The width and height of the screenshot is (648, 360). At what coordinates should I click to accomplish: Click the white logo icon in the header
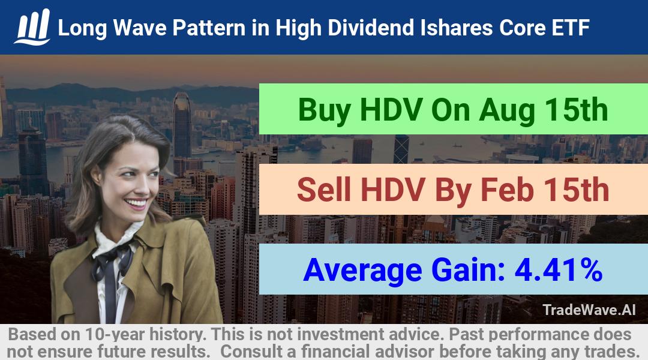pyautogui.click(x=32, y=27)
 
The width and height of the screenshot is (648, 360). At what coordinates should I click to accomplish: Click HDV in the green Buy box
pyautogui.click(x=391, y=110)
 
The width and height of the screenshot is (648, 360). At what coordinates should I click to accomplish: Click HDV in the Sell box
pyautogui.click(x=393, y=190)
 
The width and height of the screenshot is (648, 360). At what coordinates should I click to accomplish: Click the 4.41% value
pyautogui.click(x=559, y=270)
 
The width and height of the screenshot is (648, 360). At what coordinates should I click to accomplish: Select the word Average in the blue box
pyautogui.click(x=362, y=271)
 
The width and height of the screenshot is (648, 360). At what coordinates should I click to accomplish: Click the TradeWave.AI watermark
pyautogui.click(x=589, y=310)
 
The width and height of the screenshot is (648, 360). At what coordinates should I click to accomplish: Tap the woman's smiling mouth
pyautogui.click(x=136, y=203)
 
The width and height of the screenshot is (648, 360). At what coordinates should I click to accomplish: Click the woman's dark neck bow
pyautogui.click(x=112, y=260)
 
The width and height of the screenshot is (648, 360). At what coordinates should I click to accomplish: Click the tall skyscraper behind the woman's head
pyautogui.click(x=182, y=124)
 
